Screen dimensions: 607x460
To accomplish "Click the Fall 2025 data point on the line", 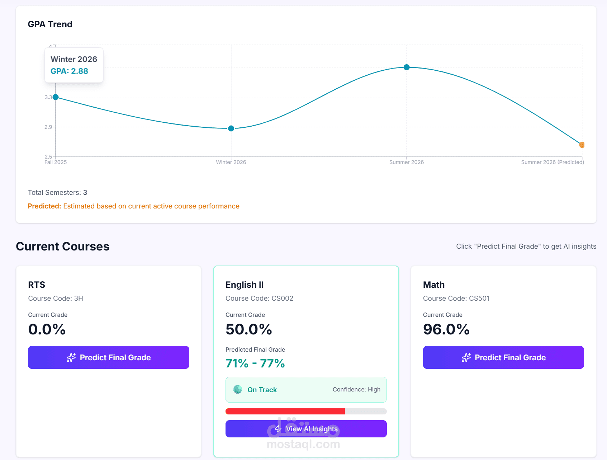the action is click(x=56, y=97).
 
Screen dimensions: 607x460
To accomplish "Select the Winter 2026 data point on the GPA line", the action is click(x=231, y=128).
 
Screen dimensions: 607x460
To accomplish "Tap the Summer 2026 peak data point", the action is click(x=407, y=67).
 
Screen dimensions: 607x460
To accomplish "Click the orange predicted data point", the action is click(x=582, y=145).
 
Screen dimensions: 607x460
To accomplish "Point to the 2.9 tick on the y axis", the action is click(x=48, y=127).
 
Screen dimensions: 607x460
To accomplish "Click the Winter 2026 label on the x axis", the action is click(x=231, y=162).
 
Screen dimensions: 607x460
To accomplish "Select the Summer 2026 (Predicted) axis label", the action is click(x=553, y=162).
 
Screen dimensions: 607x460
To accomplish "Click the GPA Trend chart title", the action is click(x=50, y=24).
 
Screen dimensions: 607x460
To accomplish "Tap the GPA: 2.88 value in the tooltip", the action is click(x=69, y=71).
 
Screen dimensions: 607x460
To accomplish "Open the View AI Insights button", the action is click(x=306, y=429).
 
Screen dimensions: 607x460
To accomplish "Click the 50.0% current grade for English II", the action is click(x=249, y=329).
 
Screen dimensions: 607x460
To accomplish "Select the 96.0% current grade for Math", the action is click(x=446, y=329).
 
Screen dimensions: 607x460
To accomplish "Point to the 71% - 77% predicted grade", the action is click(x=255, y=363).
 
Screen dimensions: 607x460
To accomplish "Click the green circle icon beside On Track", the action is click(x=238, y=390).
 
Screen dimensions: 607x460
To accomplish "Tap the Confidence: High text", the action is click(x=356, y=390).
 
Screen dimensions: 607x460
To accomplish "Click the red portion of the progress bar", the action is click(x=285, y=411).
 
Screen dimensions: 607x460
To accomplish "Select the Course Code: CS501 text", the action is click(x=456, y=299).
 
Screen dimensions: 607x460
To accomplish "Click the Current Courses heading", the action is click(x=63, y=247).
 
